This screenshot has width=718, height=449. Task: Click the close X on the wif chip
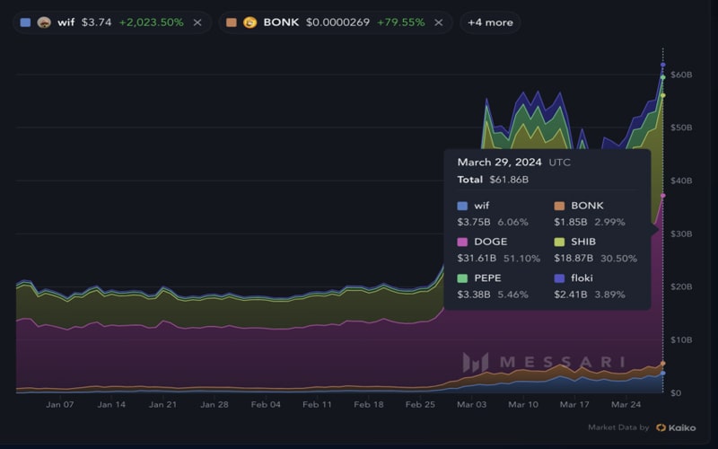(197, 22)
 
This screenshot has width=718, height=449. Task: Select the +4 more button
(490, 22)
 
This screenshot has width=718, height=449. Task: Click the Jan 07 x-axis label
(60, 405)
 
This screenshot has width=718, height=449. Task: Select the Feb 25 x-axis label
(420, 405)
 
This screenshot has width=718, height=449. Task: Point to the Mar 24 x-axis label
(626, 405)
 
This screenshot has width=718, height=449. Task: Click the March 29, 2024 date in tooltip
(500, 163)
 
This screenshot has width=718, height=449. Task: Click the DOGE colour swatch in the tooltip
(462, 242)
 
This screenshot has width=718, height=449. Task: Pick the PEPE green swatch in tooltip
(462, 278)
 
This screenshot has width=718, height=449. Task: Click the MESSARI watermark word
(561, 363)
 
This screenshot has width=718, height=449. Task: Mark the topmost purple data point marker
(663, 65)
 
